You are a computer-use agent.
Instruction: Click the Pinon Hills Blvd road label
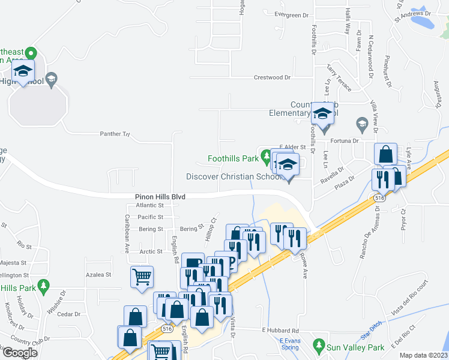(x=160, y=197)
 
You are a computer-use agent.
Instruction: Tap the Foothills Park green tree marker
(x=267, y=158)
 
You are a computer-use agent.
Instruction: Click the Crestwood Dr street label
(x=272, y=77)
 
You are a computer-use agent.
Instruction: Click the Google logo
(x=20, y=352)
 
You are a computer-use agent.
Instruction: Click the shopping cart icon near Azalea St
(x=142, y=277)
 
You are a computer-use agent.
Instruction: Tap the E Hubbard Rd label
(x=280, y=331)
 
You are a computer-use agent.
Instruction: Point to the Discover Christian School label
(x=234, y=176)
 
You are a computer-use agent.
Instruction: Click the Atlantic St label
(x=149, y=205)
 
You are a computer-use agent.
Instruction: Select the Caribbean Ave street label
(x=127, y=233)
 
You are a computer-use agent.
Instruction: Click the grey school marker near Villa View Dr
(x=361, y=124)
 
